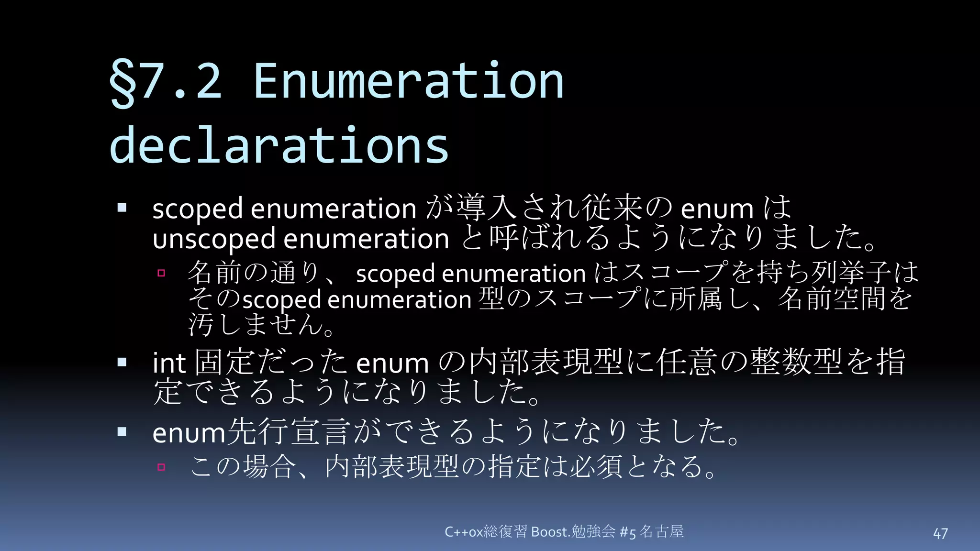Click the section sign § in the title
(x=122, y=83)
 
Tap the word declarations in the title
(x=279, y=145)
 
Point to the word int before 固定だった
(x=169, y=363)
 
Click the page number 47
(x=940, y=534)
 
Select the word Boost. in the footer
(x=551, y=532)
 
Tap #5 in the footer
(x=627, y=532)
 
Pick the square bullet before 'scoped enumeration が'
(x=122, y=208)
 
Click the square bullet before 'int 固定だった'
(x=122, y=362)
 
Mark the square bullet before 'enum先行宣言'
(x=122, y=432)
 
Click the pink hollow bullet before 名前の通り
(x=161, y=273)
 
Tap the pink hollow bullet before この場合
(x=161, y=467)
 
